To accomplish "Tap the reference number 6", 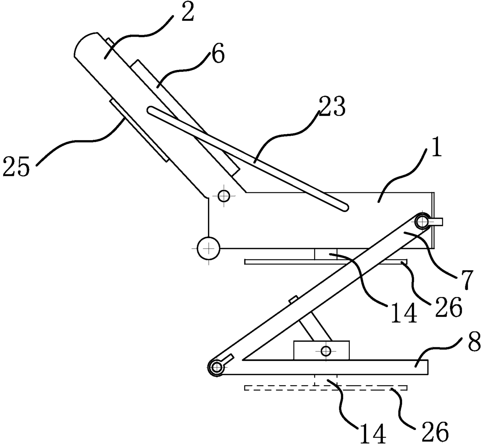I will [x=219, y=54].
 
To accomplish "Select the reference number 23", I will [x=333, y=107].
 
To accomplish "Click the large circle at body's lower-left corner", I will [x=208, y=248].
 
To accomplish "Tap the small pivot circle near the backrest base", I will [x=224, y=195].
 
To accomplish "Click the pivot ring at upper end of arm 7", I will [x=422, y=221].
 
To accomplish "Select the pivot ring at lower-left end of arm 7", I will [x=216, y=367].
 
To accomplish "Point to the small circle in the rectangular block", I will [x=326, y=351].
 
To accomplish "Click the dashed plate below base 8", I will [x=326, y=388].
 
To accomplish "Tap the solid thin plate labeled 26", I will [x=326, y=262].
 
